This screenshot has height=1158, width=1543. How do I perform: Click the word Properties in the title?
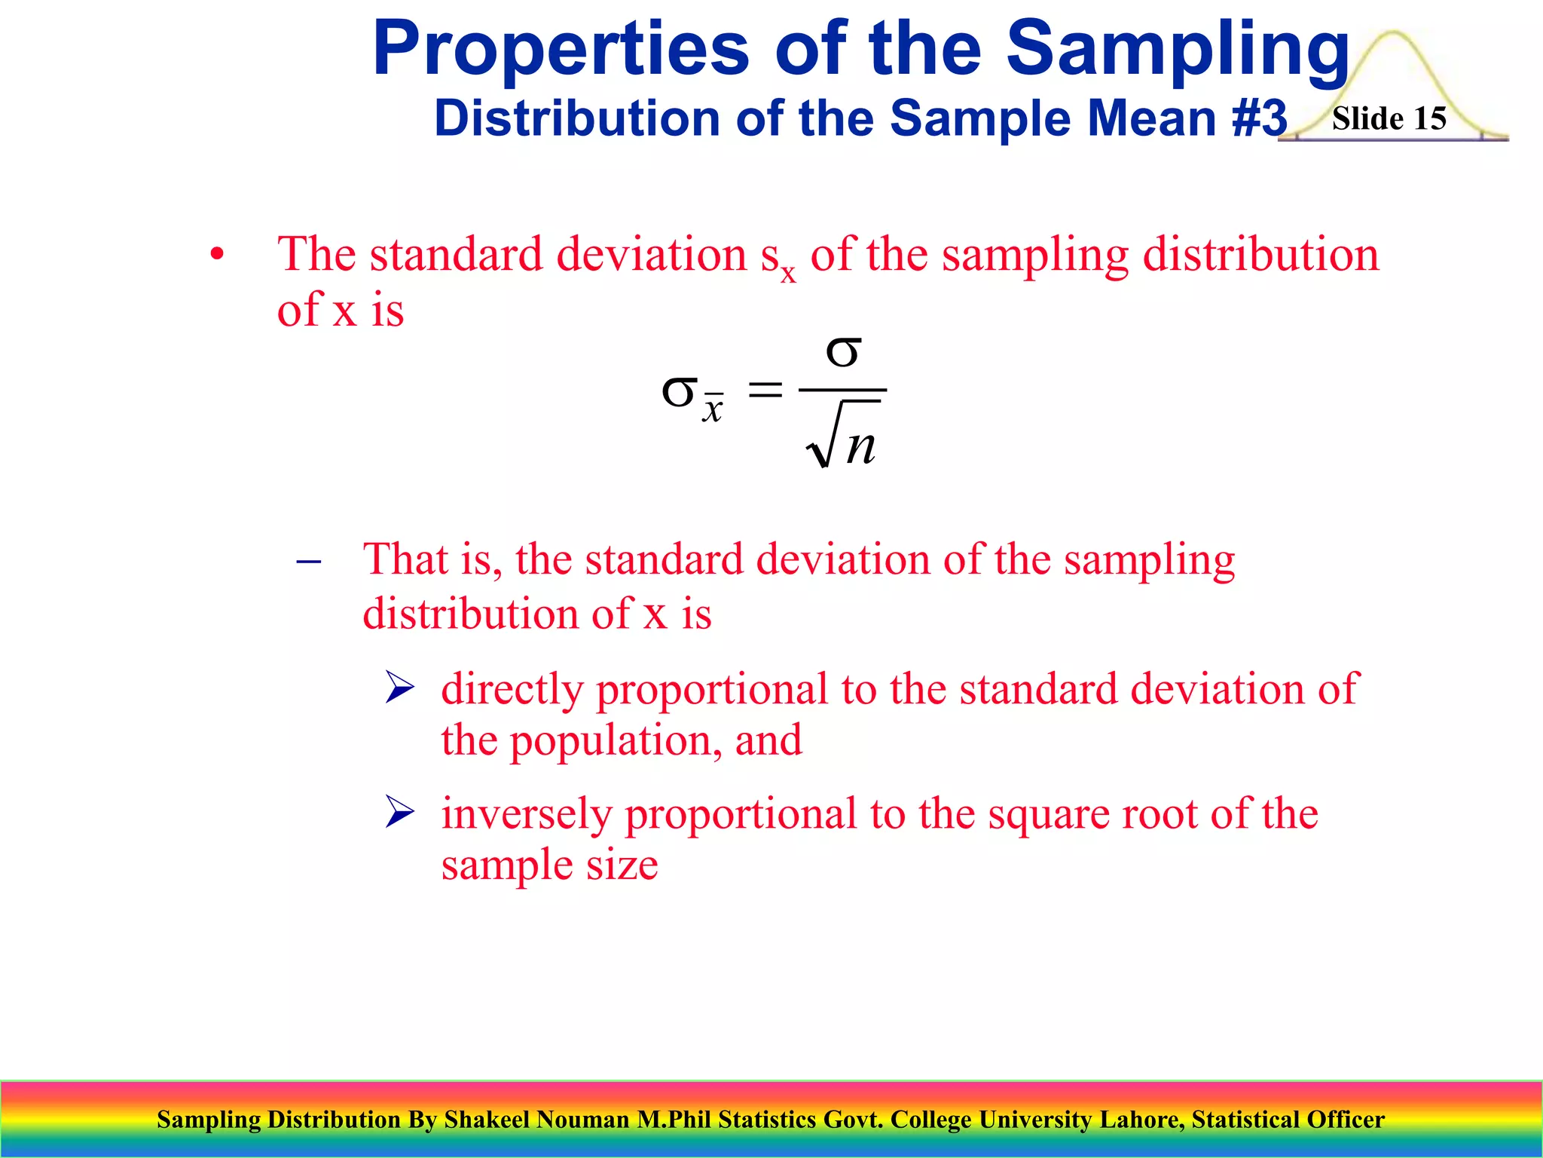coord(561,50)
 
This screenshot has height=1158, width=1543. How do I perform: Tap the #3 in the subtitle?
coord(1259,119)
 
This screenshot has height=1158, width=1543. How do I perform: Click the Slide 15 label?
coord(1389,119)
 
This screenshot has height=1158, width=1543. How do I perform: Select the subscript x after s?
coord(788,273)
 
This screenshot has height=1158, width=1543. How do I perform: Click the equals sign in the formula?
coord(765,391)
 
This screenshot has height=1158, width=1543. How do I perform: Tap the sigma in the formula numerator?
coord(843,351)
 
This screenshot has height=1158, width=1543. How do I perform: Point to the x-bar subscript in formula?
coord(713,409)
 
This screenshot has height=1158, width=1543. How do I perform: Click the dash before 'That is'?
coord(309,562)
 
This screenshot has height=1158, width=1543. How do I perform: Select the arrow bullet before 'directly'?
coord(399,688)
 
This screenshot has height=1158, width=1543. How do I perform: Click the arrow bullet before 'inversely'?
coord(399,812)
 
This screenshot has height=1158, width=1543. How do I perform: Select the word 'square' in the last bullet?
coord(1048,814)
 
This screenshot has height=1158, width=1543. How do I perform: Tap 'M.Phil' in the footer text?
coord(674,1120)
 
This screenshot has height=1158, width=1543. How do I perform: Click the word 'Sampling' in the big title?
coord(1178,50)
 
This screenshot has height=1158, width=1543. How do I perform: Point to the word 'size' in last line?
coord(622,865)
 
